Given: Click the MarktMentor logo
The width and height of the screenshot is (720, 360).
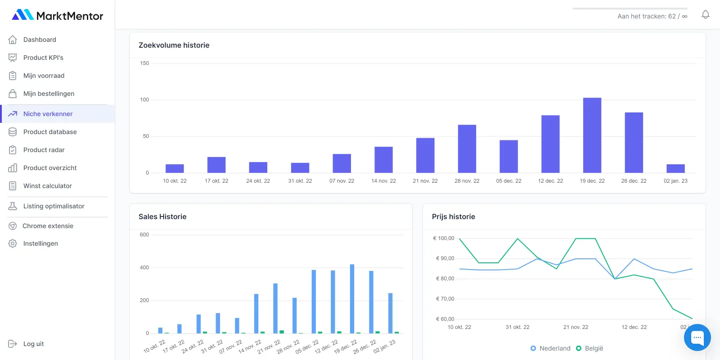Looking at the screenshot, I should pos(57,15).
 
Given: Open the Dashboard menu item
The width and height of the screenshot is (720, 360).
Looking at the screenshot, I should pos(40,40).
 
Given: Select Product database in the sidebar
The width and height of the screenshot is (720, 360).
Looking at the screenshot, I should pos(50,132).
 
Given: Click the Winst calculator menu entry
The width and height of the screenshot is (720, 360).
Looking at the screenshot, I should pos(47,186).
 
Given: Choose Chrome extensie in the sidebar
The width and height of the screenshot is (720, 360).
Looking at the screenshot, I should pos(48,226).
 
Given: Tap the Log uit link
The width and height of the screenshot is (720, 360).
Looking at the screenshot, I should pos(33,344).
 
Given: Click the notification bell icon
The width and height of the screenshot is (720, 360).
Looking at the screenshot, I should pos(705,15).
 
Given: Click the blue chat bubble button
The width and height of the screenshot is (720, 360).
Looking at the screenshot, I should pos(697,337).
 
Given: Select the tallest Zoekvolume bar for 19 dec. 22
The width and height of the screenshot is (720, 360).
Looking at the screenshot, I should pos(592,135).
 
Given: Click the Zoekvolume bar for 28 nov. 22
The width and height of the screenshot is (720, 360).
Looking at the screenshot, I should pos(467,148).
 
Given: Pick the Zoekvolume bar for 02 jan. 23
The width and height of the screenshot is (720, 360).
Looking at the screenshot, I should pos(675,168).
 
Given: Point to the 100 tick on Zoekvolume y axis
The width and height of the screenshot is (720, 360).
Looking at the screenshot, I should pos(144,100).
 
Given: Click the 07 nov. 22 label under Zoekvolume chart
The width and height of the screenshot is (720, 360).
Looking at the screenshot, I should pos(342,181).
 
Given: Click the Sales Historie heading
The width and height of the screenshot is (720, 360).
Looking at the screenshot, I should pos(162,216).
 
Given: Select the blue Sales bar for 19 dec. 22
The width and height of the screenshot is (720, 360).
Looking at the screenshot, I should pos(352,299).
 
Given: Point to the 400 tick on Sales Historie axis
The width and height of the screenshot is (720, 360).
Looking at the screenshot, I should pos(144,267).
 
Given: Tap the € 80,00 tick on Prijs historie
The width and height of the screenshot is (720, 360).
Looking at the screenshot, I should pos(445,279).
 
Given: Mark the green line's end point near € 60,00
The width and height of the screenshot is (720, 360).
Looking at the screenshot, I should pos(692,319).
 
